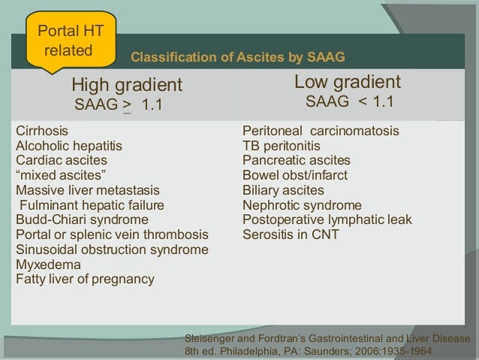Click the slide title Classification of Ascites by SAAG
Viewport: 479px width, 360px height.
coord(238,56)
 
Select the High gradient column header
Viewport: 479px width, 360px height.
coord(126,83)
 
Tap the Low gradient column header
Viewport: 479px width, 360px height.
coord(347,82)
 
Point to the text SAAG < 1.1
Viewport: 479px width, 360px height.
coord(348,101)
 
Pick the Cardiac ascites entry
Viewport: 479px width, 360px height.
coord(61,160)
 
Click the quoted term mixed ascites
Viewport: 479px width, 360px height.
coord(60,175)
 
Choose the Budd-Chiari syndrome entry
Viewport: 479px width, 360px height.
coord(82,219)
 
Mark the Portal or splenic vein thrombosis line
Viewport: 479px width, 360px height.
coord(112,234)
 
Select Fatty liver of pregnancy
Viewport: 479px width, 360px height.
coord(85,279)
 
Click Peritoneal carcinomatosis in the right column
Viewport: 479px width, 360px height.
coord(321,131)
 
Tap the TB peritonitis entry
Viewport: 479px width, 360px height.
coord(282,146)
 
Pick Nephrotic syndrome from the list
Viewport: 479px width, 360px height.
coord(302,205)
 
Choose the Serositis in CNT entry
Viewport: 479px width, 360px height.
coord(291,234)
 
